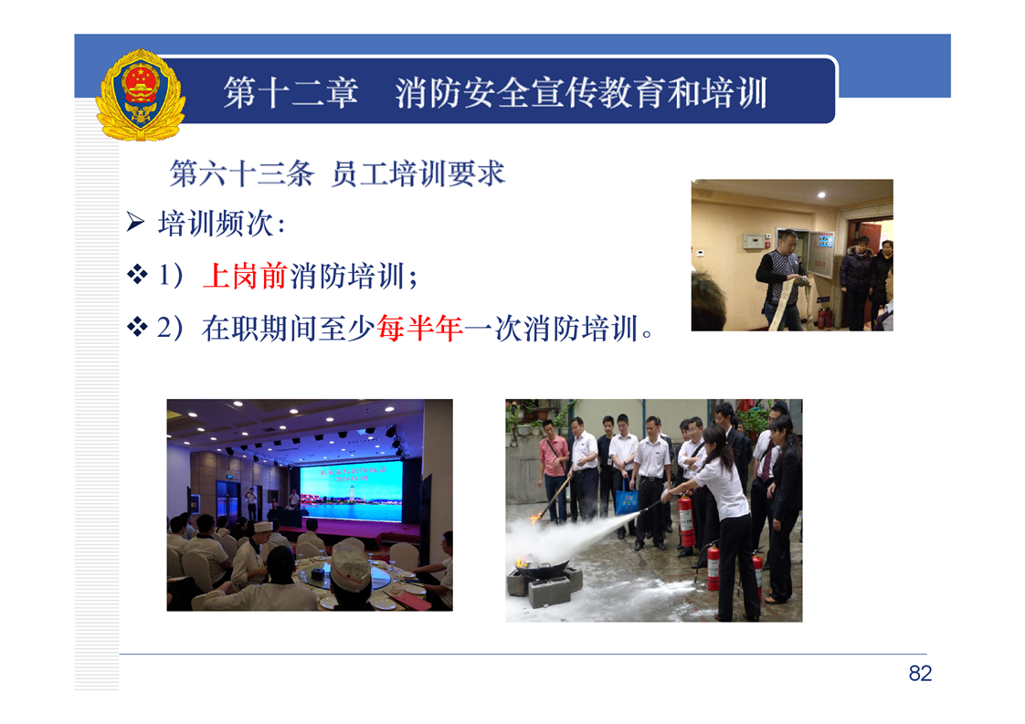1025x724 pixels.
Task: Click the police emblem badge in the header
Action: pyautogui.click(x=141, y=95)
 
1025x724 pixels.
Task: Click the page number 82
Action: pyautogui.click(x=920, y=673)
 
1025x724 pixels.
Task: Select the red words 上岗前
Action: pyautogui.click(x=245, y=276)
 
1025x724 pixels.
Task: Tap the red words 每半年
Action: pyautogui.click(x=419, y=328)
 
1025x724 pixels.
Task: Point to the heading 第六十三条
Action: pyautogui.click(x=242, y=173)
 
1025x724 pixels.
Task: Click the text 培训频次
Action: pyautogui.click(x=216, y=224)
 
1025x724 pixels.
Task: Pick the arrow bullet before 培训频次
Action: pyautogui.click(x=135, y=222)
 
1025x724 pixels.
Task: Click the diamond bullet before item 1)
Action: pyautogui.click(x=137, y=274)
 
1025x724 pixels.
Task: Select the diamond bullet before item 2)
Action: pyautogui.click(x=137, y=326)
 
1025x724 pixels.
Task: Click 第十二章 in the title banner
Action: pyautogui.click(x=291, y=92)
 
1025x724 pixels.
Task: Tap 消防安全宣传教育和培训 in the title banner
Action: pyautogui.click(x=581, y=92)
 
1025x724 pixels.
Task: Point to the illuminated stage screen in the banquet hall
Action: pyautogui.click(x=352, y=490)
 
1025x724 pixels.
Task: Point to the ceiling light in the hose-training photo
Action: pyautogui.click(x=821, y=194)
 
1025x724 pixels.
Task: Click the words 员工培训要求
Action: pyautogui.click(x=418, y=173)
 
